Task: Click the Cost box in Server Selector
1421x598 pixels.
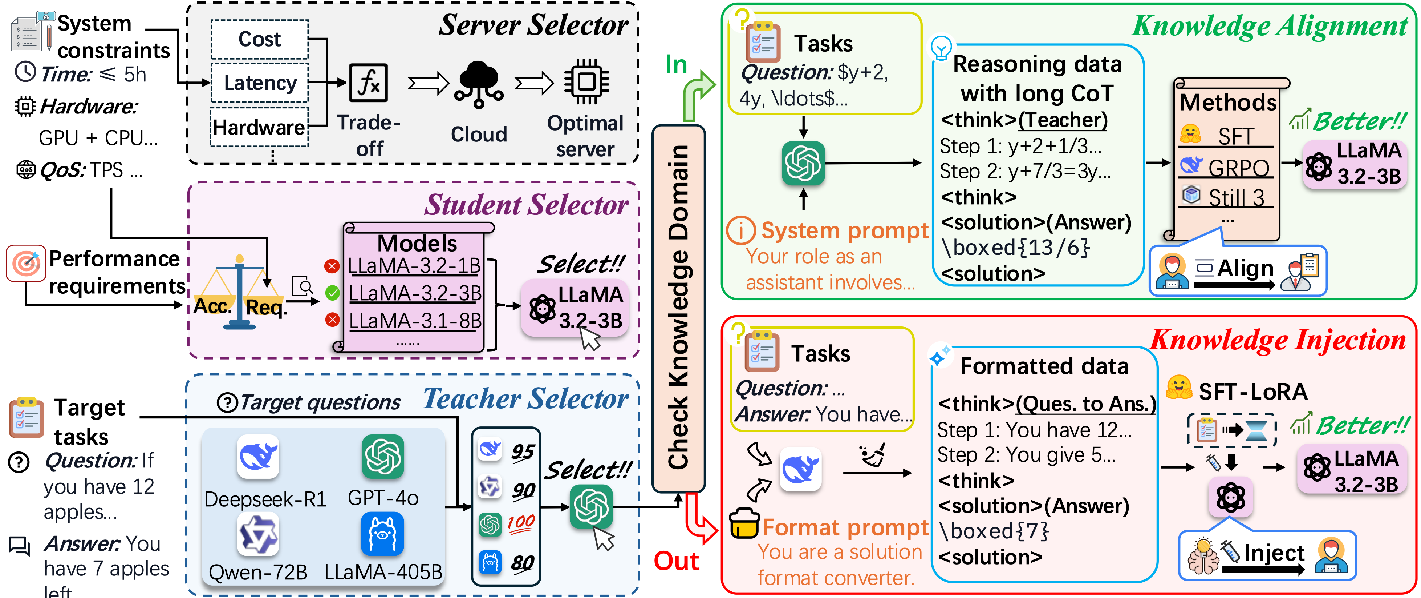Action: coord(259,39)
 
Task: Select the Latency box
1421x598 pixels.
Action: coord(260,83)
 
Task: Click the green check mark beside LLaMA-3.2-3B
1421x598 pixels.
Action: coord(332,293)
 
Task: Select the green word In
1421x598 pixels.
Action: coord(676,65)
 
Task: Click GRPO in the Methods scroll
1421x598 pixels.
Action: coord(1238,167)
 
